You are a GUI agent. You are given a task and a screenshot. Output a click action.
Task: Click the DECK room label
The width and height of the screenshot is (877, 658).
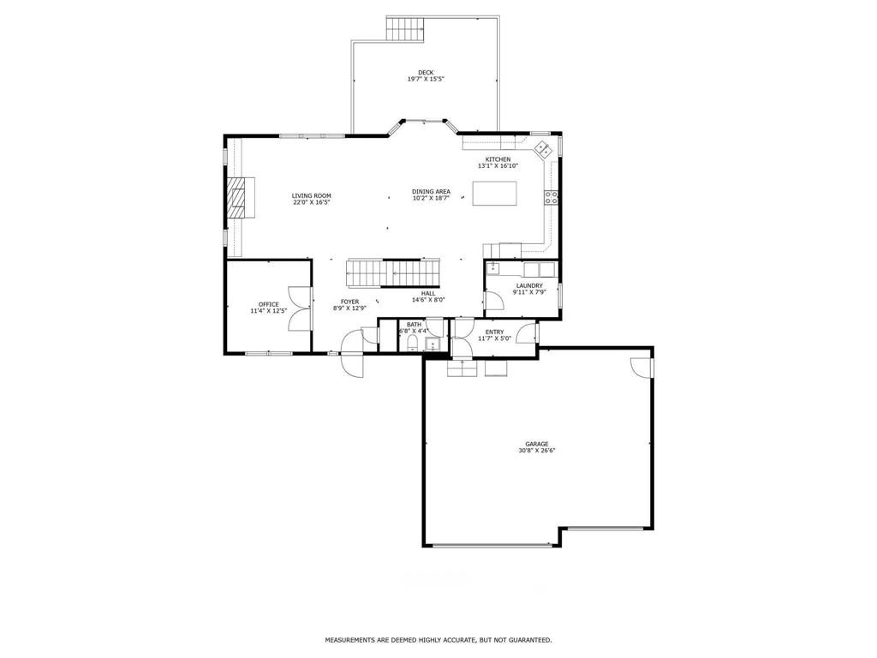coord(426,73)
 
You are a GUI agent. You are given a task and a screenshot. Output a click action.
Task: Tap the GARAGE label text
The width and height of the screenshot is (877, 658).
coord(536,445)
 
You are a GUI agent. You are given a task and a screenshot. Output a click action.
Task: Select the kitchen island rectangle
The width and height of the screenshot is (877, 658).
coord(494,193)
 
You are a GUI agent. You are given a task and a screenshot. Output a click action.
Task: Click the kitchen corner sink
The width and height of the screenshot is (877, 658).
coord(543,149)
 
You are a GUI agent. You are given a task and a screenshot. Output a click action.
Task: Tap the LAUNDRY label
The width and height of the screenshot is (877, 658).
coord(529,286)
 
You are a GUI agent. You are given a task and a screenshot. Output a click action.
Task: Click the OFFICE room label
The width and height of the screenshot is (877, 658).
coord(268,304)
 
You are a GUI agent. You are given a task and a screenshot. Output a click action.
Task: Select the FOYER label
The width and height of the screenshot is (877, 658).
coord(349,302)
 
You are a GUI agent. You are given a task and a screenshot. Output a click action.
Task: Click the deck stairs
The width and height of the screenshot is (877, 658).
coord(405,28)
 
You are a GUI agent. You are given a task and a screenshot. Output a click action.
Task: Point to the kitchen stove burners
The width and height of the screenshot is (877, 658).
coord(551,197)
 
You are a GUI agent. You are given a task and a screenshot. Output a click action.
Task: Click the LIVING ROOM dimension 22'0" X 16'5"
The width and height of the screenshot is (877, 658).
coord(312,202)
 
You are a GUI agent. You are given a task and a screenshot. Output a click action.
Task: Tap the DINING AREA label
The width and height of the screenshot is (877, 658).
coord(432,192)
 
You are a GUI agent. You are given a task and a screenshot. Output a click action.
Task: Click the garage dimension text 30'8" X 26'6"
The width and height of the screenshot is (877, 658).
coord(536,451)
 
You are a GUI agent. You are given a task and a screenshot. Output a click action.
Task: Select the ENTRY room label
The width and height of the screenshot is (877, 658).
coord(494,332)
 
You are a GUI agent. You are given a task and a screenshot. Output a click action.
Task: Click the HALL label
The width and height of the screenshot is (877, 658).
coord(428,293)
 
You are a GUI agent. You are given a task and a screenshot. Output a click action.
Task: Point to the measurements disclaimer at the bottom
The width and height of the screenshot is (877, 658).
coord(438,639)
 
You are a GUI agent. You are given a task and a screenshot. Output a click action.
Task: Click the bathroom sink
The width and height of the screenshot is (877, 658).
coord(433,344)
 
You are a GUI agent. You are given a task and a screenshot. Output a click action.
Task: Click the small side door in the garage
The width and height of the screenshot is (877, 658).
coord(641,367)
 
